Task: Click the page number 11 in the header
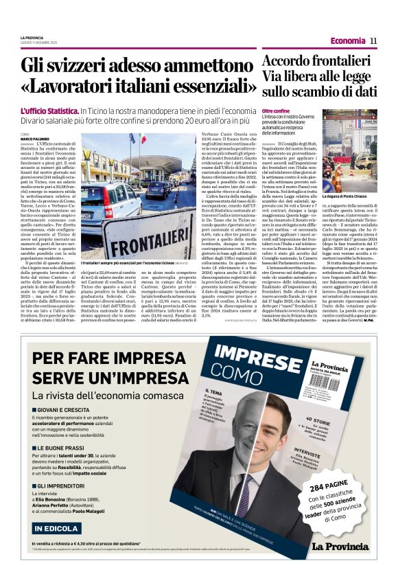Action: pos(373,41)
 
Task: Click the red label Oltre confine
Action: pos(277,111)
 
